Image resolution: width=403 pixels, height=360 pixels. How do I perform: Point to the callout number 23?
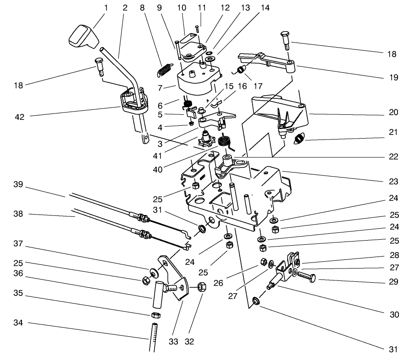(x=394, y=182)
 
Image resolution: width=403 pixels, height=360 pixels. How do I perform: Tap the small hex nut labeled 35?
(x=155, y=315)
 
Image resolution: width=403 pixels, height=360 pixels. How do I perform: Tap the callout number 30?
(x=393, y=315)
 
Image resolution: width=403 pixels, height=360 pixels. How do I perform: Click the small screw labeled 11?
(x=197, y=31)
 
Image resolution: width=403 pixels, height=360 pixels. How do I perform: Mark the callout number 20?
(x=394, y=112)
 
